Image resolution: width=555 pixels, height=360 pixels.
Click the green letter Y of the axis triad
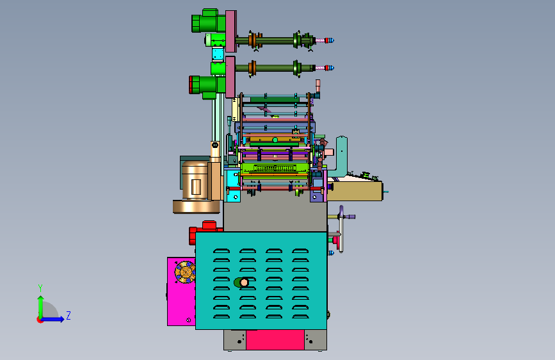click(40, 288)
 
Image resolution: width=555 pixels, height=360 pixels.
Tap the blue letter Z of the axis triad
click(68, 315)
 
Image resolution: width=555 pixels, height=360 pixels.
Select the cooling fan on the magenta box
click(185, 272)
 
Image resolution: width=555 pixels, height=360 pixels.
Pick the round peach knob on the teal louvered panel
click(244, 282)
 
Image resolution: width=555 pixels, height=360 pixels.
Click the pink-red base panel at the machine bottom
click(275, 340)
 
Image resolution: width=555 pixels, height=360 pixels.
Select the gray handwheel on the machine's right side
click(341, 229)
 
